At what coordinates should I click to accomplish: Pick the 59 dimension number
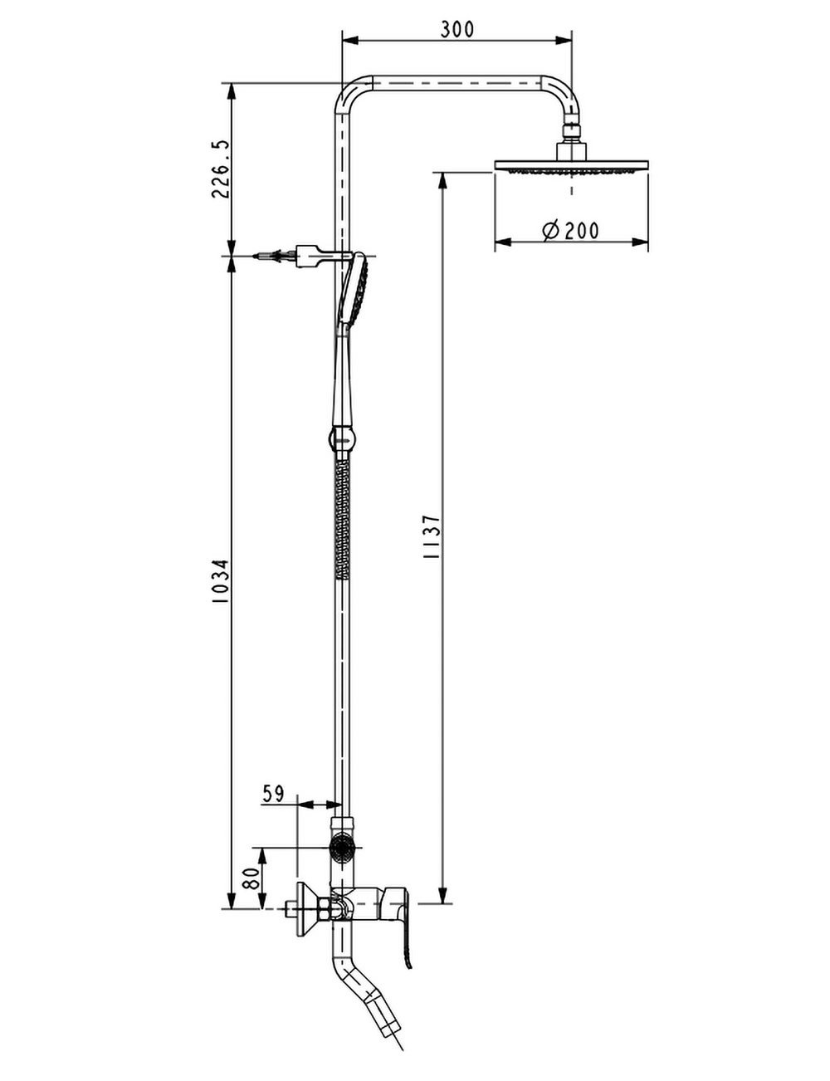(x=274, y=793)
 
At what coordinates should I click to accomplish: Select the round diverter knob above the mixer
(x=341, y=848)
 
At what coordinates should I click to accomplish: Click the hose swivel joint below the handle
(x=341, y=436)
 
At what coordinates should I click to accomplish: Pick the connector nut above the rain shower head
(x=571, y=131)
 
